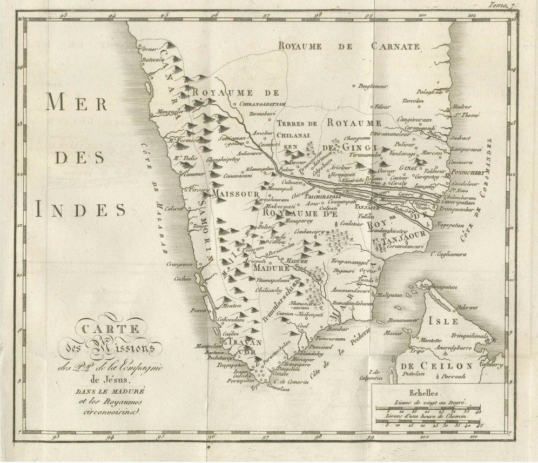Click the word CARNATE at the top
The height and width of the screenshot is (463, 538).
[396, 46]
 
